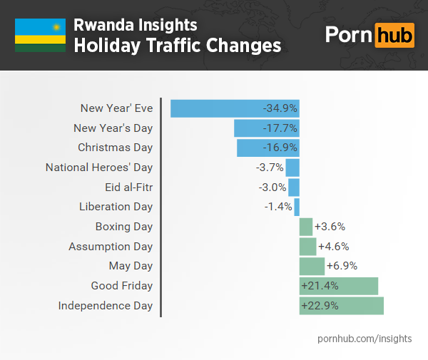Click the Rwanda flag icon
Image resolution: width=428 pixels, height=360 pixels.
(40, 36)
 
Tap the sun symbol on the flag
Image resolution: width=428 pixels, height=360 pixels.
(54, 27)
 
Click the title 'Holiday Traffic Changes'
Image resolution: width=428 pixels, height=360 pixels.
(177, 46)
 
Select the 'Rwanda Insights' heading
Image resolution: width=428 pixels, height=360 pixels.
(136, 26)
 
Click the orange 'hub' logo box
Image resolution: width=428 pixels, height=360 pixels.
(394, 36)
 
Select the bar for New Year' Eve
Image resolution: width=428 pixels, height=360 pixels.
(235, 108)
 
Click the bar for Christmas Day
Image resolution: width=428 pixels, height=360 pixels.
(267, 148)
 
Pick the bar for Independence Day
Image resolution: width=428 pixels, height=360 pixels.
(342, 306)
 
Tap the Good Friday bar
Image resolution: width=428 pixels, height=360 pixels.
(339, 286)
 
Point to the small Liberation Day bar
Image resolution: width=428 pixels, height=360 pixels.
(297, 207)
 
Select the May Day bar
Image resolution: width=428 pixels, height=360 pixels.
(312, 266)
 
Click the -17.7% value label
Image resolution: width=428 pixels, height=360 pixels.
(280, 128)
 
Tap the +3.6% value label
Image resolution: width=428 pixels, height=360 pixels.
(330, 227)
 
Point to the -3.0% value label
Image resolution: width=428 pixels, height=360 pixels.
(272, 187)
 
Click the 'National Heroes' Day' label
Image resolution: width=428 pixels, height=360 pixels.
(99, 168)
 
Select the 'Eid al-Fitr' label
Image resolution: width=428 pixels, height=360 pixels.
(128, 187)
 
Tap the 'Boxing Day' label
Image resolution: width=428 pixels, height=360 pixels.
(124, 227)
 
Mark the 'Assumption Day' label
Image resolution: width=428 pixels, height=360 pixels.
(111, 247)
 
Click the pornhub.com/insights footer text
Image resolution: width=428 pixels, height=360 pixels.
(364, 338)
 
